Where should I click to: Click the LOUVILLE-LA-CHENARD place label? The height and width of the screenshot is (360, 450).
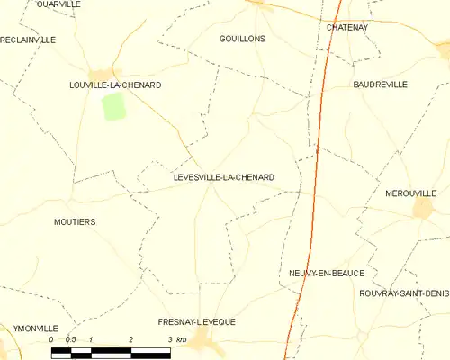[115, 85]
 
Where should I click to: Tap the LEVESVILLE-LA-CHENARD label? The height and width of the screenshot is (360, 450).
[224, 178]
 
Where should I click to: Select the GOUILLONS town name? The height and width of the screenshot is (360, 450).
[242, 40]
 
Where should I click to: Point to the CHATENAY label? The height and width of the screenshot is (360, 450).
[347, 28]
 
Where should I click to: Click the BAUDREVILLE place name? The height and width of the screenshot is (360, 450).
[380, 85]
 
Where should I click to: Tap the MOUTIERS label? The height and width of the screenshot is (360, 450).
[75, 221]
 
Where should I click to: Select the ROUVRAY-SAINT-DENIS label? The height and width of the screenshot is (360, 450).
[403, 293]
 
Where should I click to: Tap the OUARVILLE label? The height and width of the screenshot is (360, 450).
[58, 4]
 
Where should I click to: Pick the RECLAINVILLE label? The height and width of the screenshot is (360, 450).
[28, 40]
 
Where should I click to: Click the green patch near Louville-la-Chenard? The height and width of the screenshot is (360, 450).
[113, 106]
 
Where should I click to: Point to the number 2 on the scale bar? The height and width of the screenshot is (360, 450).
[131, 339]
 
